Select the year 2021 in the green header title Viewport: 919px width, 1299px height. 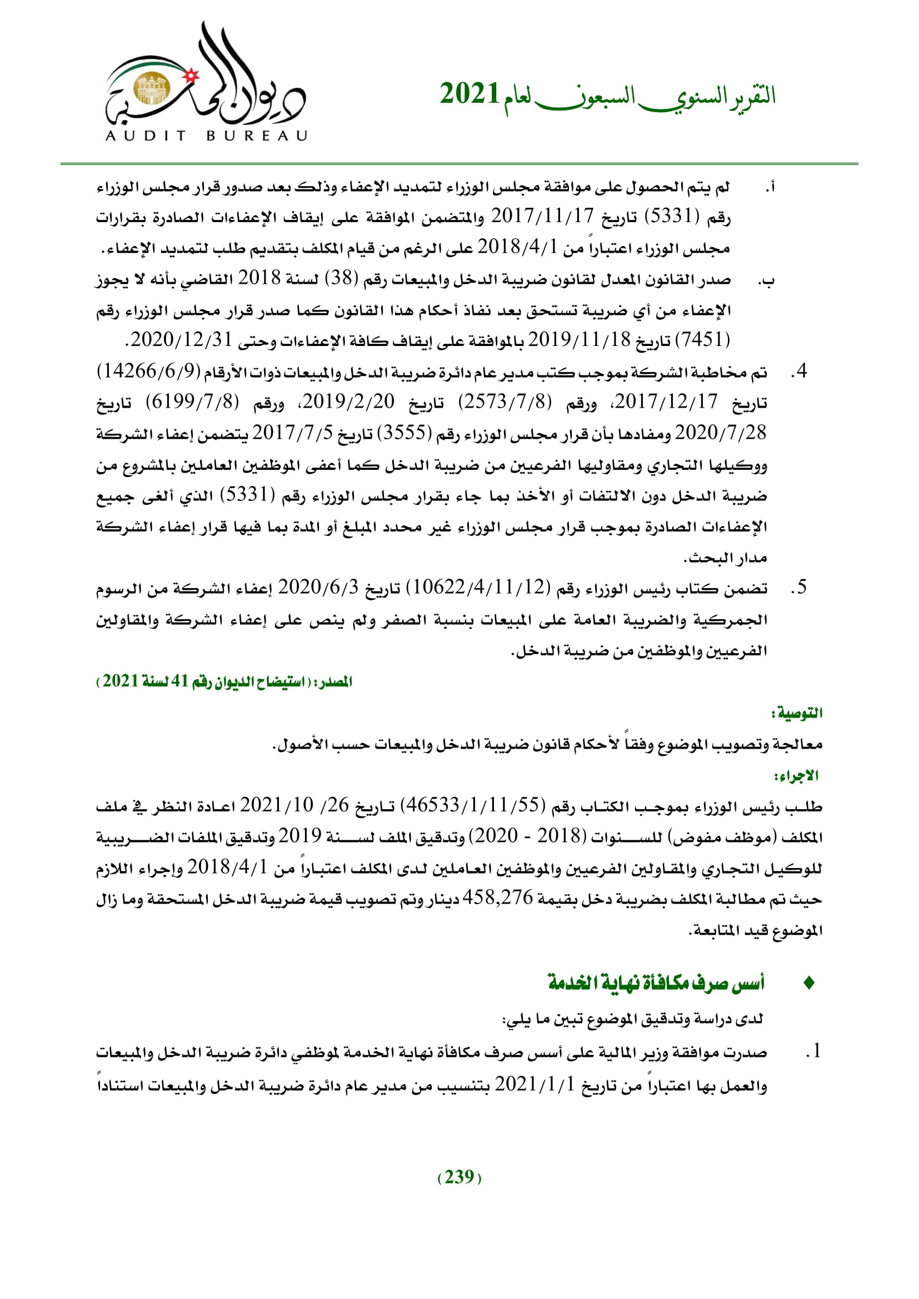click(469, 94)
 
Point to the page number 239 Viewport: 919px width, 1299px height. click(459, 1177)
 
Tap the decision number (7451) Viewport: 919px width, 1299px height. click(703, 340)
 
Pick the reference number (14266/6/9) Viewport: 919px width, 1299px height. click(149, 371)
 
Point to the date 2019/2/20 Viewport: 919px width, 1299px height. click(348, 402)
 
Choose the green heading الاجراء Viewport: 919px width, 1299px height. click(797, 776)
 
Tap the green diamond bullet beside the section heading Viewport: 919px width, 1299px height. click(808, 983)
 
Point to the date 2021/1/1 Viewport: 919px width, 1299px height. click(535, 1084)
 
